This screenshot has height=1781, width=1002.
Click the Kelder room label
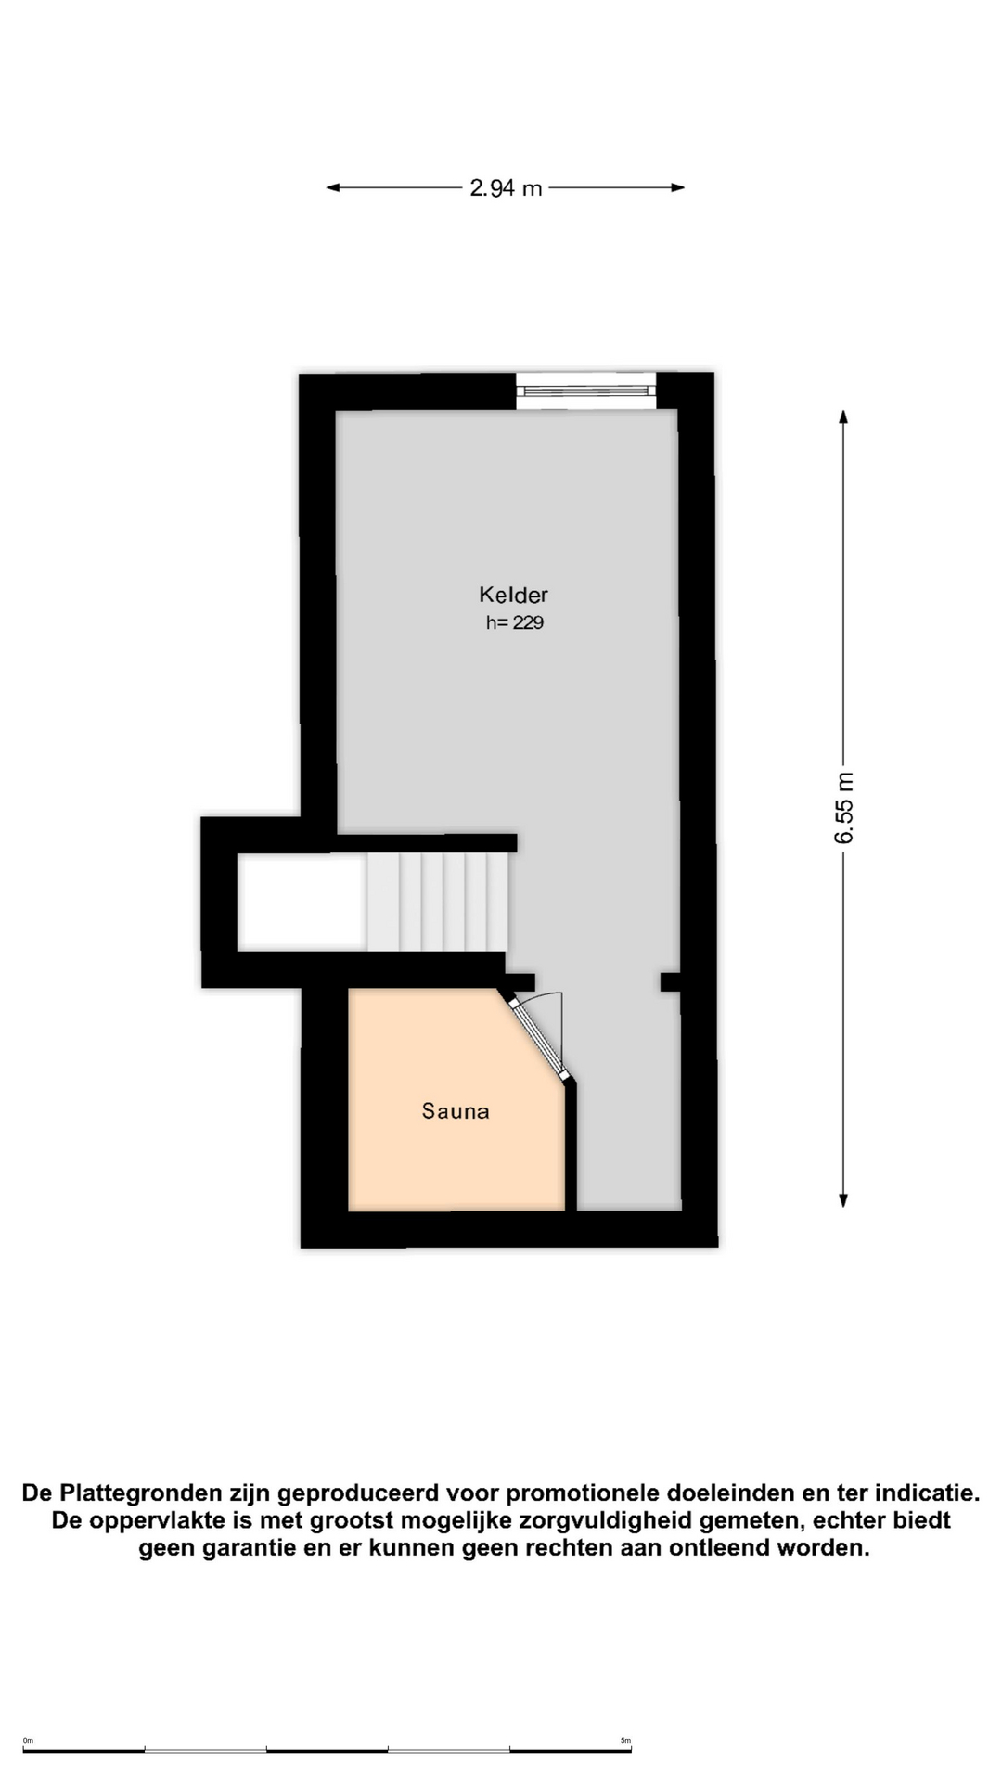[x=513, y=595]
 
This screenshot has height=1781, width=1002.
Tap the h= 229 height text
[x=515, y=623]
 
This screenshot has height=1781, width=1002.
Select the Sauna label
[x=456, y=1111]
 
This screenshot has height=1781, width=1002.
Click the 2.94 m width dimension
[x=506, y=188]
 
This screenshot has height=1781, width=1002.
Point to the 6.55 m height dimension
[x=844, y=808]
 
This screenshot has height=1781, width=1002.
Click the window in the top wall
[x=586, y=391]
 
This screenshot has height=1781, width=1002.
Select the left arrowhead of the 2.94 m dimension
[x=332, y=187]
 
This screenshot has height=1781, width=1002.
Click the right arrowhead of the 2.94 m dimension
[x=678, y=187]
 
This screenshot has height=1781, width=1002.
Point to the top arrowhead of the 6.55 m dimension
[x=843, y=416]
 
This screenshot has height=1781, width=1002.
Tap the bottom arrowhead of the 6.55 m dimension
[x=843, y=1200]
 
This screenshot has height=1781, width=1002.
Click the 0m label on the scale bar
[x=28, y=1741]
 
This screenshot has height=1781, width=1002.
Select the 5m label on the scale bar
[x=625, y=1741]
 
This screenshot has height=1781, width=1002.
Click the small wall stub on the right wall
[x=671, y=981]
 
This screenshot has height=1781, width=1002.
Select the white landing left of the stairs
[x=302, y=903]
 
